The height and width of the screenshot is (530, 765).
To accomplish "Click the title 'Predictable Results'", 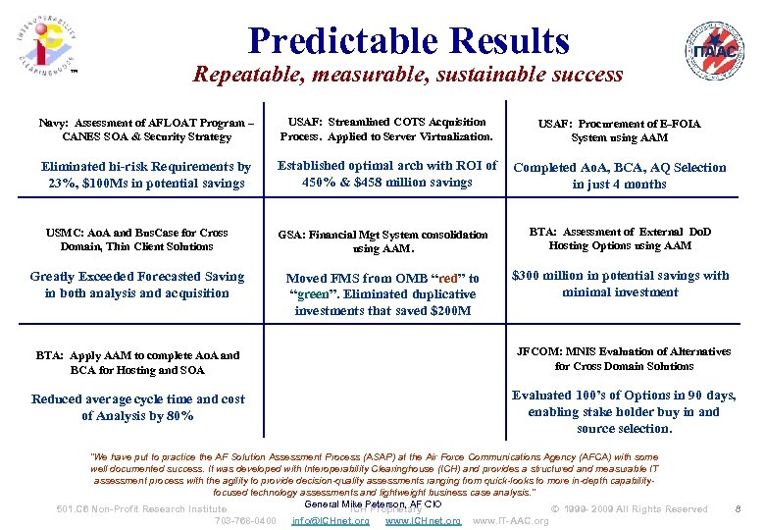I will pyautogui.click(x=408, y=40).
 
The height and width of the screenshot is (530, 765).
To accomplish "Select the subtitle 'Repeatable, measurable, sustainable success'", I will pyautogui.click(x=408, y=75).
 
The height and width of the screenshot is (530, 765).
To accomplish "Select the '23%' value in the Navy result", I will pyautogui.click(x=64, y=184).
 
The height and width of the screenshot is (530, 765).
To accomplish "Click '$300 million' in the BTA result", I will pyautogui.click(x=550, y=276).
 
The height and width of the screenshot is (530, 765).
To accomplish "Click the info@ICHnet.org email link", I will pyautogui.click(x=331, y=520).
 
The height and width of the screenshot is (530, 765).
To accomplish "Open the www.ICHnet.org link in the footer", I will pyautogui.click(x=423, y=520).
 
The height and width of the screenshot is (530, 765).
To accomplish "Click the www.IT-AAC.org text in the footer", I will pyautogui.click(x=510, y=520).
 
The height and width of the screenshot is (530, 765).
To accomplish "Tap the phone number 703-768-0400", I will pyautogui.click(x=245, y=520).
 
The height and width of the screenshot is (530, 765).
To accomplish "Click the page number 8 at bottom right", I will pyautogui.click(x=738, y=508).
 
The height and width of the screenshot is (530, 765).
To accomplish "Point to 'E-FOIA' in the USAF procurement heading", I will pyautogui.click(x=680, y=124).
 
